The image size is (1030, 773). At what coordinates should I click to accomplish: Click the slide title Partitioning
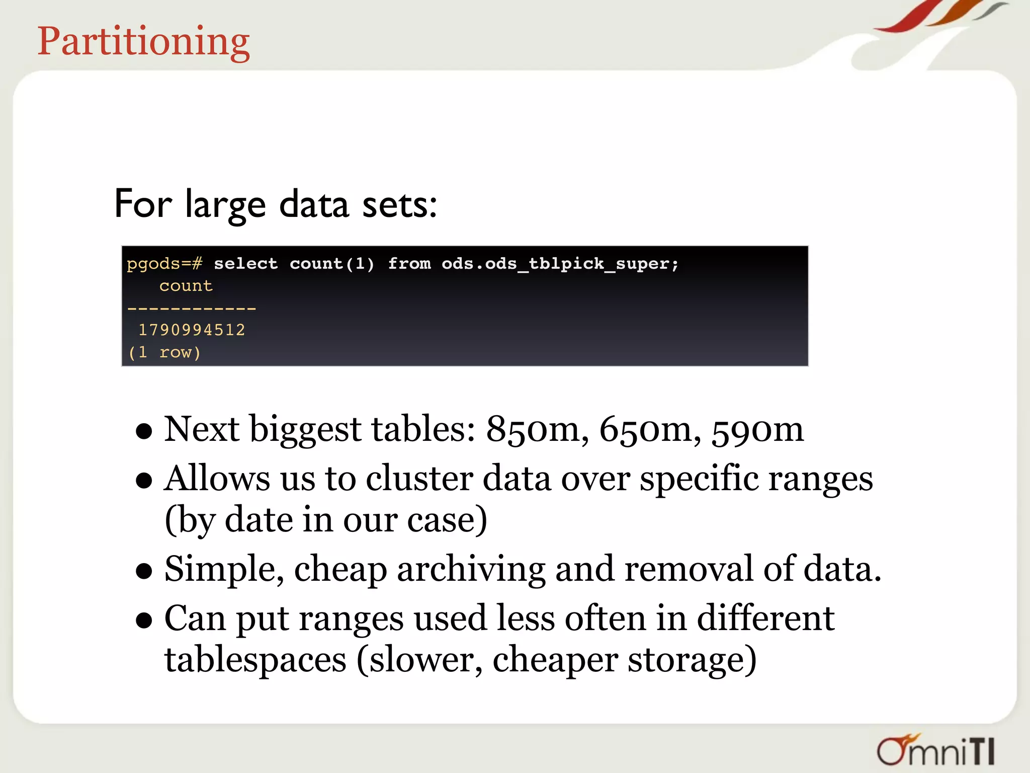(x=143, y=41)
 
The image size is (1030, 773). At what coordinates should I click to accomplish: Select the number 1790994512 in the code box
(x=192, y=330)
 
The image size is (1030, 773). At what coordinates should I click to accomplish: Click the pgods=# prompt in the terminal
(x=164, y=263)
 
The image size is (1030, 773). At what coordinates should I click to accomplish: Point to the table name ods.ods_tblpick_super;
(x=560, y=263)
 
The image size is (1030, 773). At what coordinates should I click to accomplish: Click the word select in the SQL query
(x=245, y=263)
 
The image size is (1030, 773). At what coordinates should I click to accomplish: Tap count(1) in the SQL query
(x=332, y=263)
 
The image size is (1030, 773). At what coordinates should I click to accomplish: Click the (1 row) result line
(x=164, y=352)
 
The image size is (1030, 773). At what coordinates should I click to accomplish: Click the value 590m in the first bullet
(x=757, y=429)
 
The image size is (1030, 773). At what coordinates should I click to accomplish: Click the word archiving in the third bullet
(x=471, y=569)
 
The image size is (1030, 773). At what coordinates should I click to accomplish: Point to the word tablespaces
(x=255, y=659)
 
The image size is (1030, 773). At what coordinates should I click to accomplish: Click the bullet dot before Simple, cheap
(x=144, y=571)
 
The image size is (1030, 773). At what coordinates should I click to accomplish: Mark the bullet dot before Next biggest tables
(x=144, y=431)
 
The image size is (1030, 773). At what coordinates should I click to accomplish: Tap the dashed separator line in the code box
(x=192, y=308)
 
